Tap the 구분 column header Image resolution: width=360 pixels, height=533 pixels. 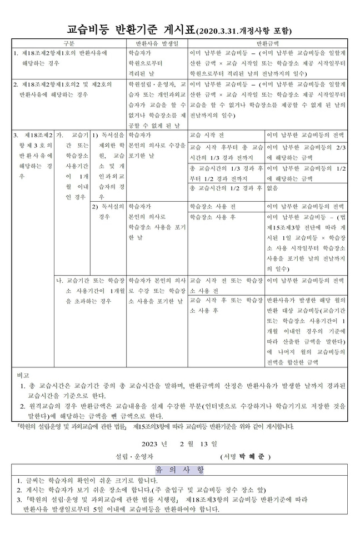[69, 43]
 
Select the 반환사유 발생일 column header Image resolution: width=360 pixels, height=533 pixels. [157, 43]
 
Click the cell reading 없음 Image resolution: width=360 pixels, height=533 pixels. [272, 189]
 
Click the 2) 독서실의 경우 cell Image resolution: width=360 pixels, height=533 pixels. [107, 212]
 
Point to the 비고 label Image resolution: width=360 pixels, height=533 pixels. [23, 376]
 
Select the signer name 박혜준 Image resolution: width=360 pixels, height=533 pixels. [252, 456]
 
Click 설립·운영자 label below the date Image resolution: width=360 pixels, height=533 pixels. [128, 456]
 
